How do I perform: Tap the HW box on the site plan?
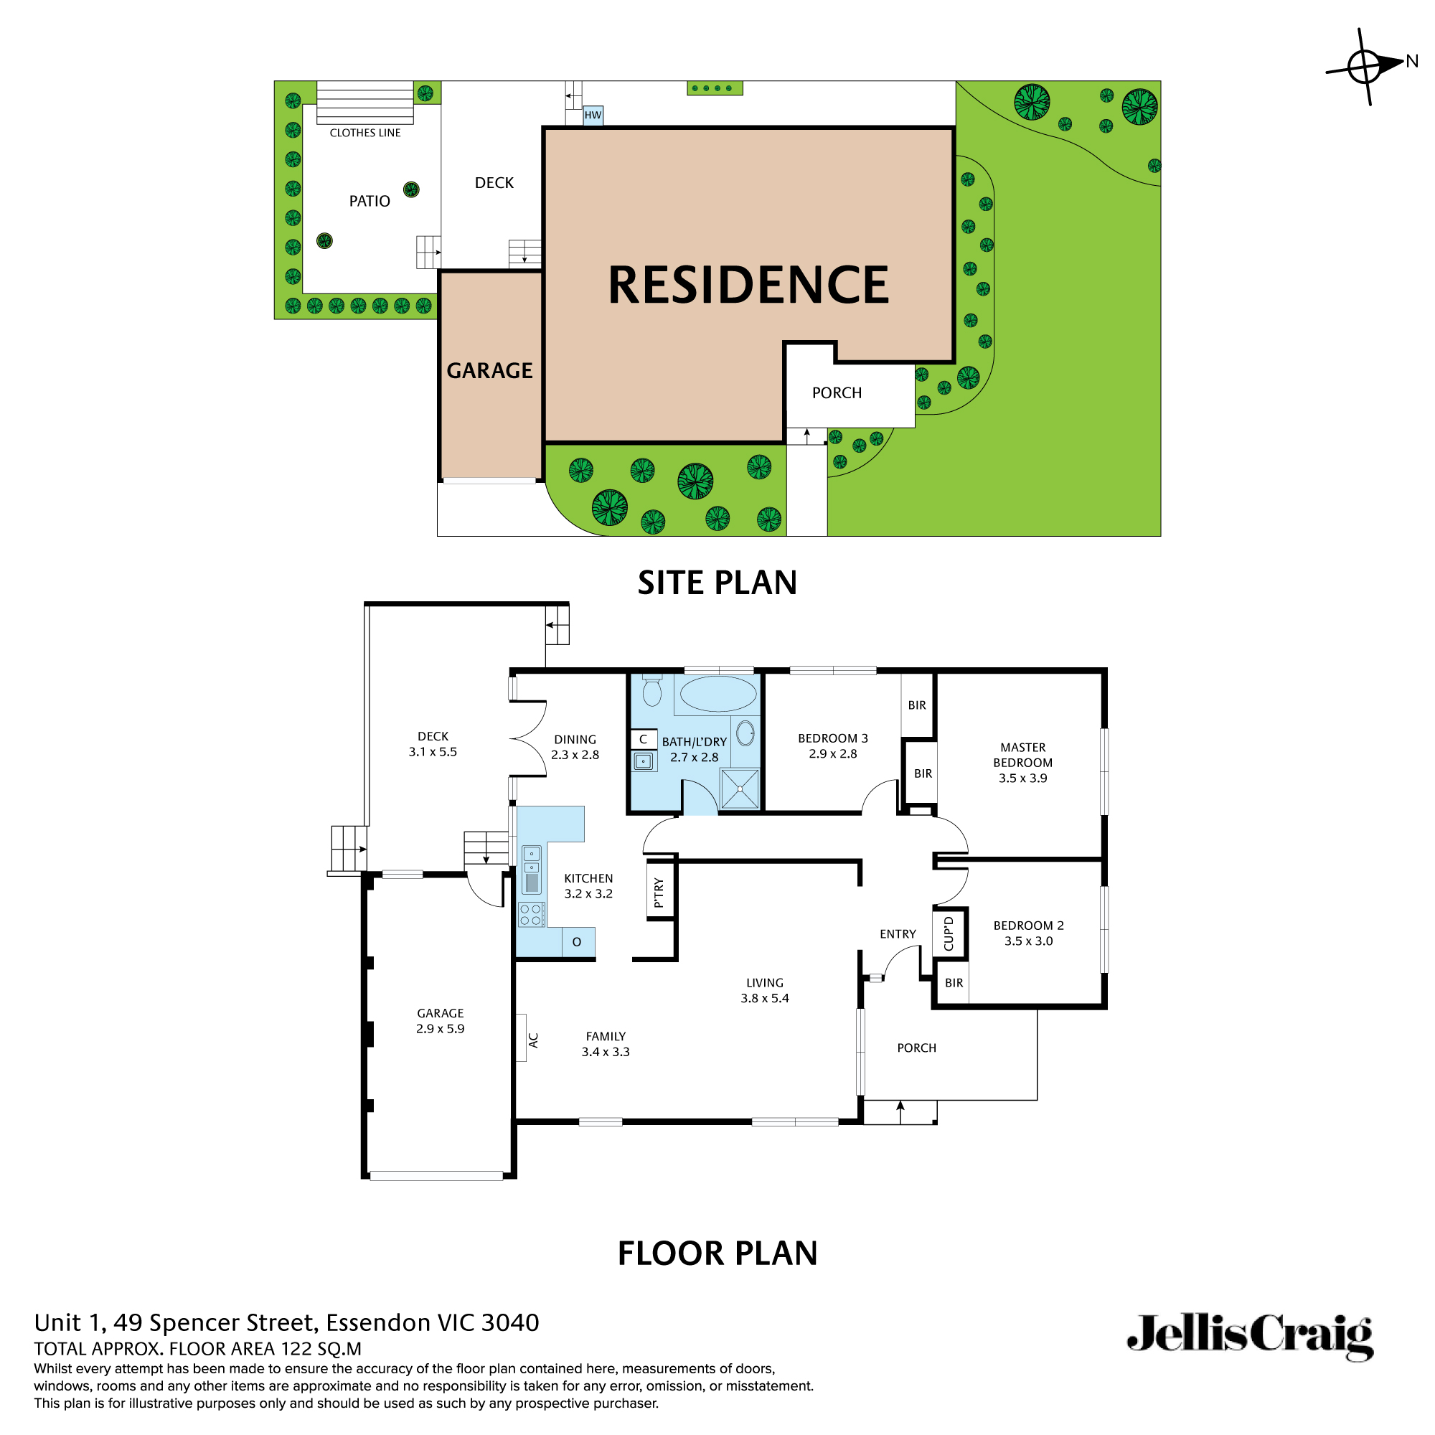[593, 115]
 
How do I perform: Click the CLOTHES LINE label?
[364, 133]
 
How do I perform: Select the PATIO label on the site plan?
[369, 202]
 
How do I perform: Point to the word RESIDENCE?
[748, 286]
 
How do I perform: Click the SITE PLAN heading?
[717, 583]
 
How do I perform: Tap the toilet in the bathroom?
[652, 690]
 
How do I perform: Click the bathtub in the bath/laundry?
[717, 694]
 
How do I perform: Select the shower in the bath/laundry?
[740, 789]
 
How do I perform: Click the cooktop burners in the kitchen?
[531, 914]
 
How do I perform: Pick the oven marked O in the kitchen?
[577, 942]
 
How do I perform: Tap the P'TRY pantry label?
[659, 892]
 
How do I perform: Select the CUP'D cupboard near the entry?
[949, 933]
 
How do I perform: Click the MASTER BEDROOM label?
[1022, 755]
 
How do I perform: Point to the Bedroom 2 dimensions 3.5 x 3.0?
[1029, 941]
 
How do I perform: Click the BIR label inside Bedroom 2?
[954, 983]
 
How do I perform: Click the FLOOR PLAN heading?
[717, 1253]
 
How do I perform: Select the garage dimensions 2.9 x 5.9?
[440, 1029]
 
